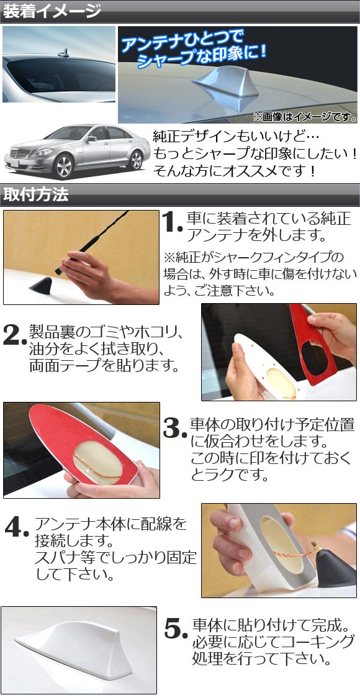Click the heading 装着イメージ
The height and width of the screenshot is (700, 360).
coord(52,11)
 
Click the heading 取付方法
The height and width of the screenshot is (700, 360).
coord(36,194)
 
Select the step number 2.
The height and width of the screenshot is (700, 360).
coord(14,335)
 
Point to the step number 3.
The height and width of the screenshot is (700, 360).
coord(174,429)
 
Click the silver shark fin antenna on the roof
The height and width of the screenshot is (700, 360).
coord(226,82)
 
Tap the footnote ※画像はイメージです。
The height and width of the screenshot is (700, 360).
coord(305,117)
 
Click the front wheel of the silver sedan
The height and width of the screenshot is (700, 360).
coord(64,166)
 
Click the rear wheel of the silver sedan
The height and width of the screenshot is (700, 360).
coord(135,160)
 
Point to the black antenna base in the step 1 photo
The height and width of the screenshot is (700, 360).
coord(42,286)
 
